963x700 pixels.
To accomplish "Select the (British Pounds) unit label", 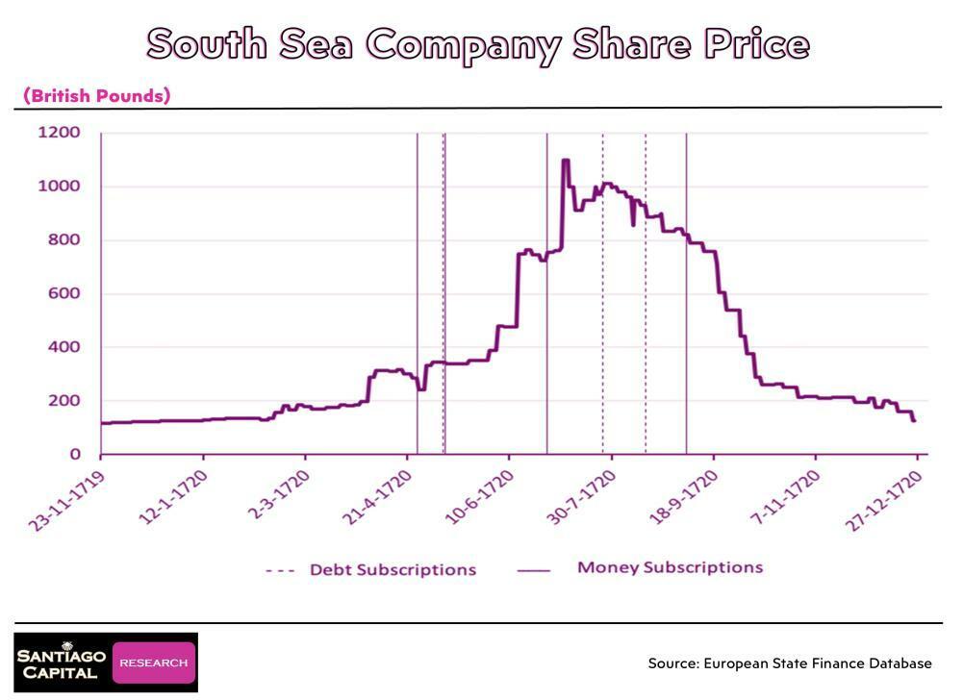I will coord(96,95).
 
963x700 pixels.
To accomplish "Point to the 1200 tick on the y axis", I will coord(59,132).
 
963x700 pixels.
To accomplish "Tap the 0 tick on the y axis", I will coord(77,455).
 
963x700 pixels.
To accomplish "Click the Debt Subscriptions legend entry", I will coord(392,569).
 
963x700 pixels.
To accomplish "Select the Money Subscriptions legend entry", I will coord(670,567).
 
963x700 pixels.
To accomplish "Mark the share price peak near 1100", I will coord(566,160).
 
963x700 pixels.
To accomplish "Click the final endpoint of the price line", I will coord(914,421).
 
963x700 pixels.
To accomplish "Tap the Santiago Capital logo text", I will coord(62,662).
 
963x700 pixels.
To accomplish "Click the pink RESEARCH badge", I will coord(154,662).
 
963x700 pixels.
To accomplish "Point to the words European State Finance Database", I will coord(818,663).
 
